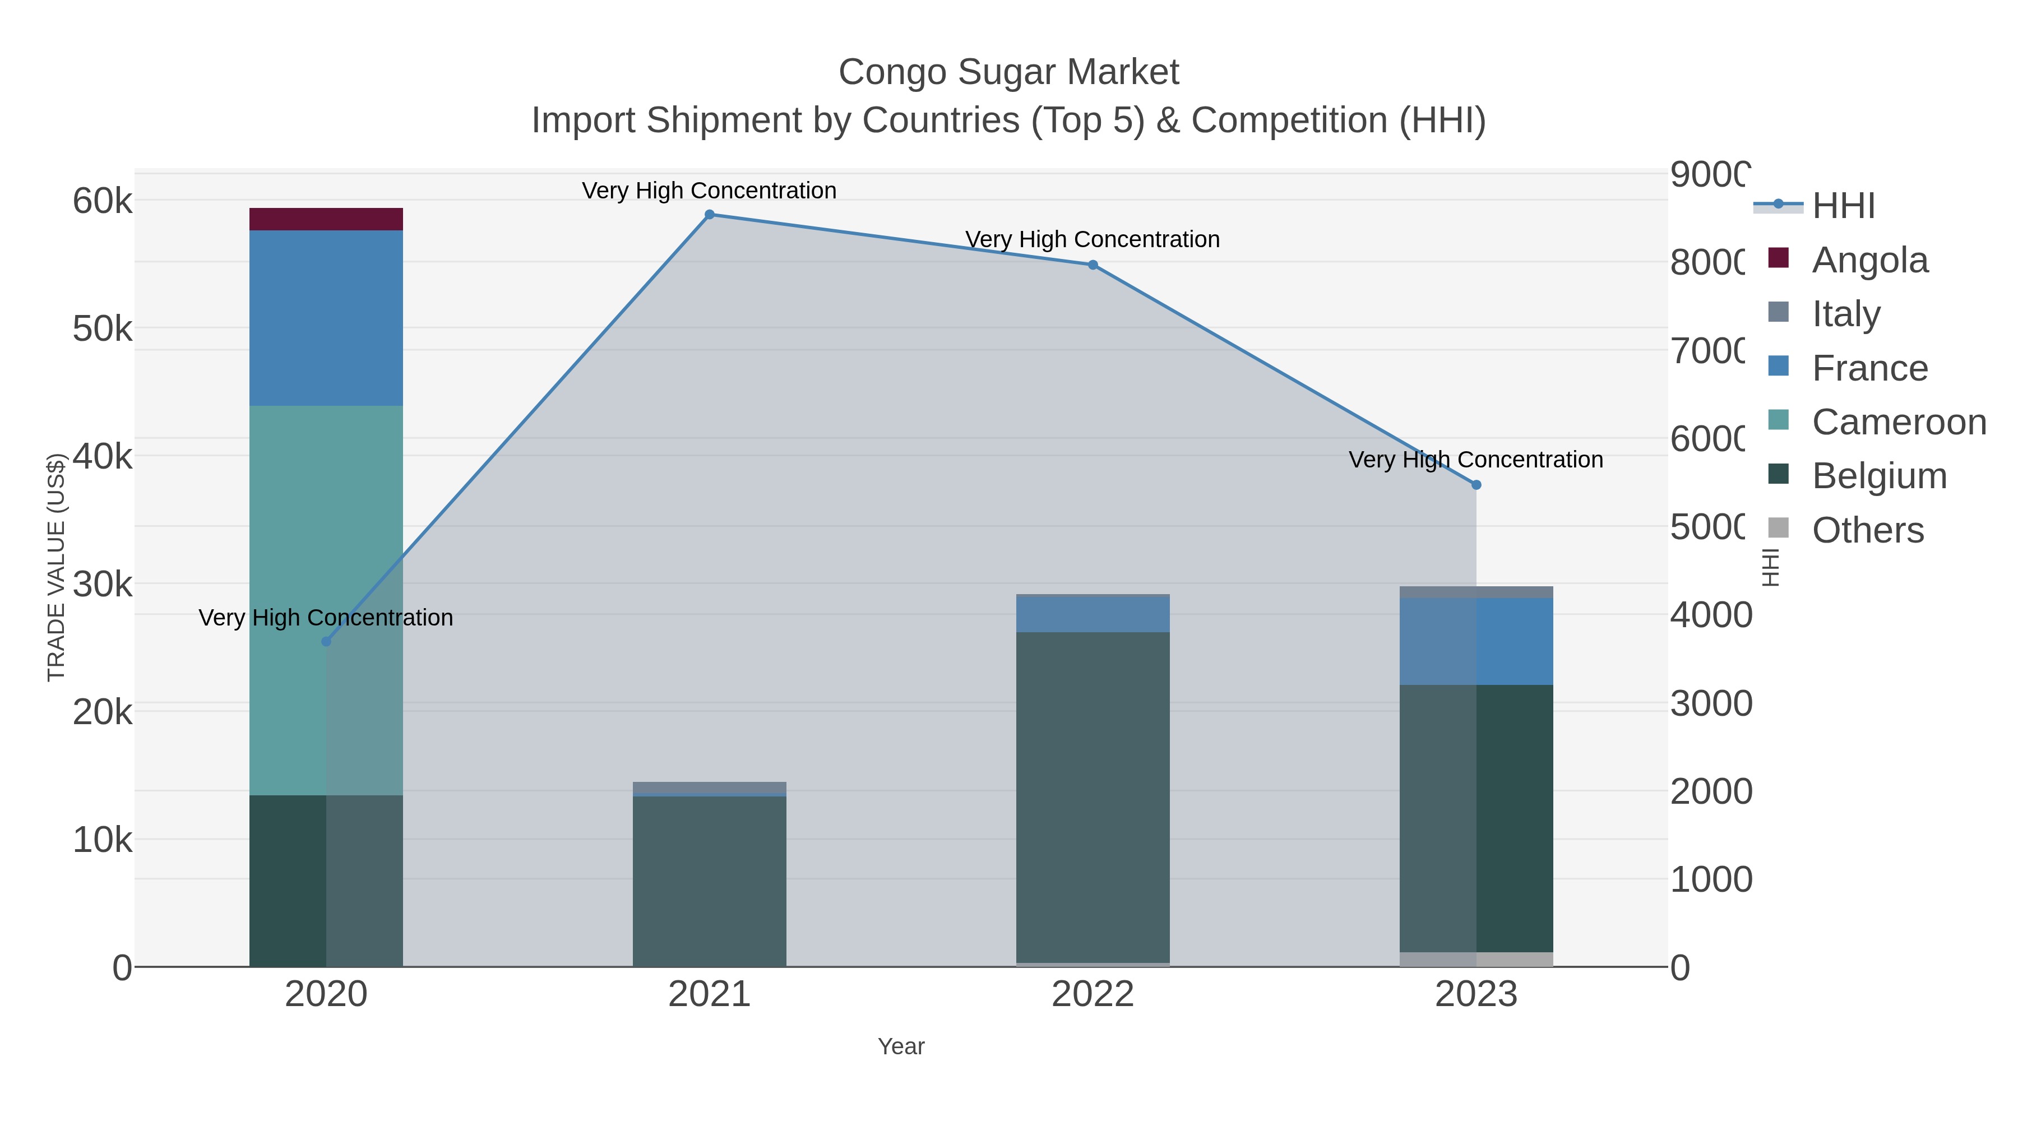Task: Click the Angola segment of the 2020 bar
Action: (x=326, y=219)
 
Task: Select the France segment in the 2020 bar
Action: (x=326, y=317)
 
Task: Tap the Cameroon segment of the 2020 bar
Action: (x=326, y=599)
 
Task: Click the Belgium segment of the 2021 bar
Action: (x=709, y=881)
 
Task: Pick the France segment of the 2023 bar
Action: (x=1476, y=641)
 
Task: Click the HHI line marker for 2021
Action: (x=709, y=215)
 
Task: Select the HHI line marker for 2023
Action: (x=1476, y=485)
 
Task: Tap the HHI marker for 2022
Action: (x=1093, y=265)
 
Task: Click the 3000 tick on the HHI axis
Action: (x=1711, y=703)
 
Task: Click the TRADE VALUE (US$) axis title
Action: (x=57, y=567)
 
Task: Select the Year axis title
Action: (x=901, y=1046)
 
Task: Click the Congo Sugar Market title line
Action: (x=1008, y=73)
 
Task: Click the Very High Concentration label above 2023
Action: (x=1476, y=460)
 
